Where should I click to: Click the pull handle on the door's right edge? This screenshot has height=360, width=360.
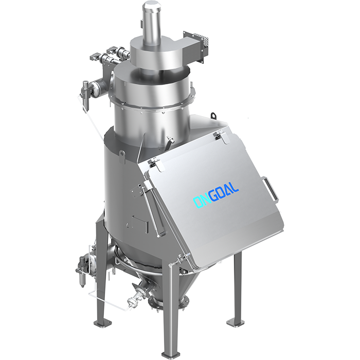[x=271, y=188]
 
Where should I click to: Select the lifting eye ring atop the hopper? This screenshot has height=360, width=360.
[x=213, y=116]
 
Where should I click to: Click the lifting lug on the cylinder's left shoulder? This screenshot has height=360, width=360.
[x=122, y=156]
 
